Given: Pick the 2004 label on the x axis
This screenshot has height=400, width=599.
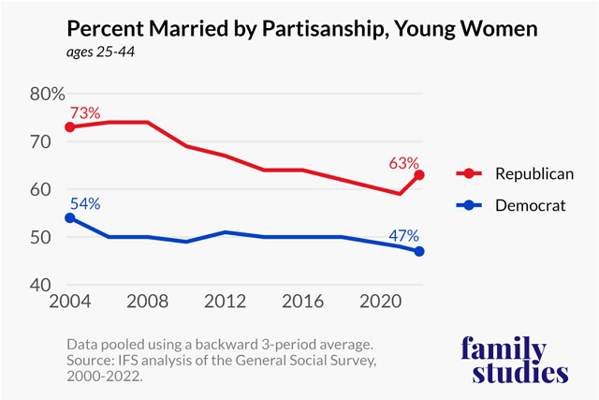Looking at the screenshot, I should click(x=71, y=305).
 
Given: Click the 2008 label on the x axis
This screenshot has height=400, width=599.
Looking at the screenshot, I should click(x=148, y=305).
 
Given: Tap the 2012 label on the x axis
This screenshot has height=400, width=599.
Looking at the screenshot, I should click(x=226, y=305).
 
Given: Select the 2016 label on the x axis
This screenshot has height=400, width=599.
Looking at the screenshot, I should click(x=302, y=305).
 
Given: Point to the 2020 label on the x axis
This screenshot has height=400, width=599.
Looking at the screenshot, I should click(x=379, y=305).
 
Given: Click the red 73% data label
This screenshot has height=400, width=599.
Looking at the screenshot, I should click(x=83, y=112).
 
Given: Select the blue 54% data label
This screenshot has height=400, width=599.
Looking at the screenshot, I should click(x=83, y=203).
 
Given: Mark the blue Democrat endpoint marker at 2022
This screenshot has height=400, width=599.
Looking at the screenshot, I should click(x=418, y=251).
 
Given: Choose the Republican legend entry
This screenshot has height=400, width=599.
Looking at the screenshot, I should click(x=509, y=174).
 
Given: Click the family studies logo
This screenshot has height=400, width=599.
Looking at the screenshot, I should click(x=515, y=360).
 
